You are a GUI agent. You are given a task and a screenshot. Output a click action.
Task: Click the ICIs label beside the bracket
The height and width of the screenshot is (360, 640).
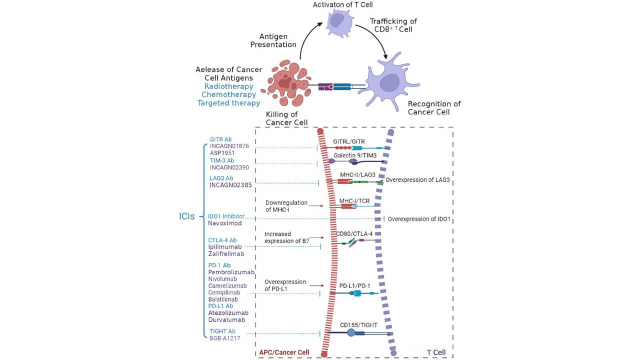[x=187, y=217]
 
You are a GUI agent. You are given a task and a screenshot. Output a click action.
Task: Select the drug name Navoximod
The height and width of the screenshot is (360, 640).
[x=225, y=223]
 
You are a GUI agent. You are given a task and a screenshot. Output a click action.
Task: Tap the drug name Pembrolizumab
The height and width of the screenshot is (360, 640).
[x=231, y=272]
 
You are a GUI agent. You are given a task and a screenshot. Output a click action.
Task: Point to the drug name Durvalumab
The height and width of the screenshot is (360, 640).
[x=226, y=319]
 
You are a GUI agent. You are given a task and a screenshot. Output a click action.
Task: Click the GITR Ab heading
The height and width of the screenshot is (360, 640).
[x=221, y=139]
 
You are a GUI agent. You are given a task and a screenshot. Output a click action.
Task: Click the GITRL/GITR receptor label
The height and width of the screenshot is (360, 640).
[x=349, y=141]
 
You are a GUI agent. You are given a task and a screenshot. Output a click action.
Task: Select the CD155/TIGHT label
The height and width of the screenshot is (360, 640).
[x=358, y=325]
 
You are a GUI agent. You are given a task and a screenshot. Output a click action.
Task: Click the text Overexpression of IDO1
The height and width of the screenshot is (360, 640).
[x=419, y=219]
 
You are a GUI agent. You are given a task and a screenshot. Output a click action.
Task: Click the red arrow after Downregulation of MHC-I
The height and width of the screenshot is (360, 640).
[x=316, y=205]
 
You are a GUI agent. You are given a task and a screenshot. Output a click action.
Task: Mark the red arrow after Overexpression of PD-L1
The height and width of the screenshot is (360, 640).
[x=316, y=285]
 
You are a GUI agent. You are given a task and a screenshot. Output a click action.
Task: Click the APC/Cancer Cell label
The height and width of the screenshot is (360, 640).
[x=284, y=352]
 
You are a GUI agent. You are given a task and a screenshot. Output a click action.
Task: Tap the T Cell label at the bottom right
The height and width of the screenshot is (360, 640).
[x=436, y=352]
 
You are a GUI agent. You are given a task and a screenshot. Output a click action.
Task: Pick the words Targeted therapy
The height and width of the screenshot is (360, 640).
[x=228, y=103]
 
